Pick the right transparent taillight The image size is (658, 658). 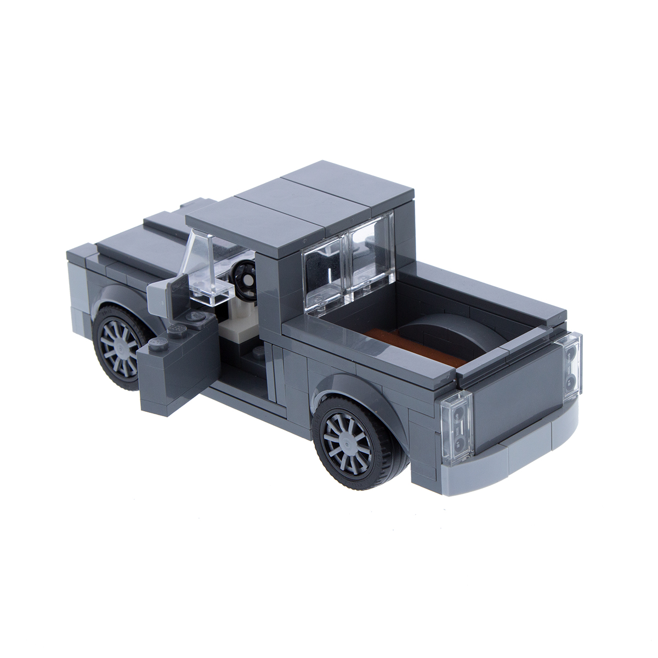point(570,362)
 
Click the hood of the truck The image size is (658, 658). point(132,247)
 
